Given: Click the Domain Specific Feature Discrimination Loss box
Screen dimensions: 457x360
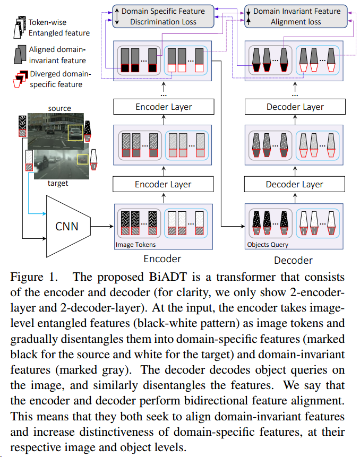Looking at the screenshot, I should pyautogui.click(x=162, y=16).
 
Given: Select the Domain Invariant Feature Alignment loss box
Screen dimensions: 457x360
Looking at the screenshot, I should pyautogui.click(x=296, y=16).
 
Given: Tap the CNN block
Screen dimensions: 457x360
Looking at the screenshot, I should pyautogui.click(x=67, y=226).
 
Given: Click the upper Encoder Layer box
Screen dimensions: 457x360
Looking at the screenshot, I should pyautogui.click(x=164, y=107).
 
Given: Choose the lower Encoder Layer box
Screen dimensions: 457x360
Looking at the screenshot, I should pyautogui.click(x=164, y=185).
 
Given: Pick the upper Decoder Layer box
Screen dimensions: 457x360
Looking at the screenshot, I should pyautogui.click(x=295, y=107).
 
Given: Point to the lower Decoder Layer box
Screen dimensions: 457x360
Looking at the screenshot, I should pyautogui.click(x=295, y=185).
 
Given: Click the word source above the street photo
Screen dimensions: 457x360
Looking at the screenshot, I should pyautogui.click(x=59, y=108).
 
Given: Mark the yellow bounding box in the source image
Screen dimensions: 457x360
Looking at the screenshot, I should pyautogui.click(x=75, y=133).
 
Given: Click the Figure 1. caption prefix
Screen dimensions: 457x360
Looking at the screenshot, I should pyautogui.click(x=32, y=277).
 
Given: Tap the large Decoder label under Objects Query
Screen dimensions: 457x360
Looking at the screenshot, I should pyautogui.click(x=293, y=260).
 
